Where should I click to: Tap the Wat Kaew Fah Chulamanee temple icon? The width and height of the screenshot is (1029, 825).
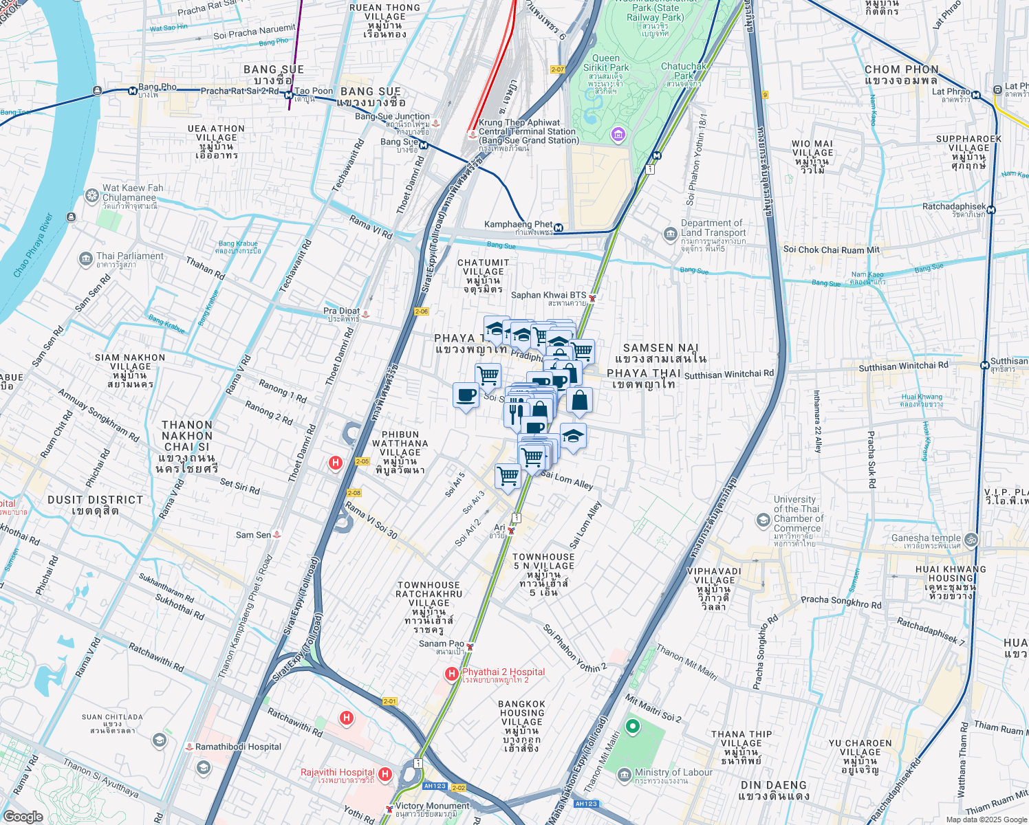[91, 196]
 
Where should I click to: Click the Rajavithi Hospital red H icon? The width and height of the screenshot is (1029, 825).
[385, 775]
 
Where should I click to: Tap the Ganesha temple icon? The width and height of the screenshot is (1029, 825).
[971, 539]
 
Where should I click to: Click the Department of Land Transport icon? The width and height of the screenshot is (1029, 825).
[670, 235]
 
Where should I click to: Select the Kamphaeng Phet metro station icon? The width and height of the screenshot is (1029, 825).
[559, 228]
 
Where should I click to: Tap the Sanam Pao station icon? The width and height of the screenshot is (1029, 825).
[470, 646]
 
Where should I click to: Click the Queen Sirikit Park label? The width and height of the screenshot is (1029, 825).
[605, 63]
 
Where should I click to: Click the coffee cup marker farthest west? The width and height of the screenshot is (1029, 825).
[466, 396]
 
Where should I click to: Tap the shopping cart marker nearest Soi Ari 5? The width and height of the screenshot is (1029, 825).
[508, 476]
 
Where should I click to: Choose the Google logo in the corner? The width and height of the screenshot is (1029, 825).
[23, 816]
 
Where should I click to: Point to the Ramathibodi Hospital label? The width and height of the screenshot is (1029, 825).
[238, 747]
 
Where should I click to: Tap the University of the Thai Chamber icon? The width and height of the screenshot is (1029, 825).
[763, 520]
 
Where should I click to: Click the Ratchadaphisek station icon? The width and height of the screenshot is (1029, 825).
[991, 210]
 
